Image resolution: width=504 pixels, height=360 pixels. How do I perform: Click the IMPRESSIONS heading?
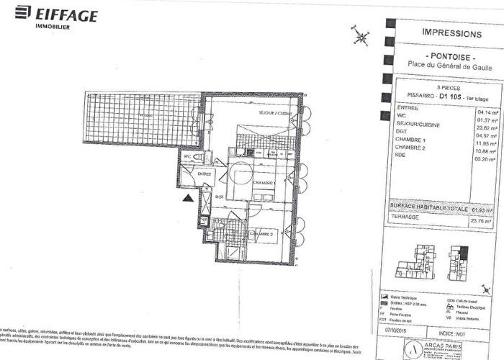coord(451,34)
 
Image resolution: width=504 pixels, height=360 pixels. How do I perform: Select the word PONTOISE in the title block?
coord(451,55)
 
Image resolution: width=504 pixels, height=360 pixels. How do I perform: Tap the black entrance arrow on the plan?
coord(186,197)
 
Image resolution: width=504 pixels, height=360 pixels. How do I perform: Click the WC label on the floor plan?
coord(186,156)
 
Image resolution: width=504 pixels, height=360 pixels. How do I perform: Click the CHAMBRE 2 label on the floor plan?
coord(263,235)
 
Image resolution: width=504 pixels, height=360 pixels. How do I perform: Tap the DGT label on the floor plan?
coord(219,197)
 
